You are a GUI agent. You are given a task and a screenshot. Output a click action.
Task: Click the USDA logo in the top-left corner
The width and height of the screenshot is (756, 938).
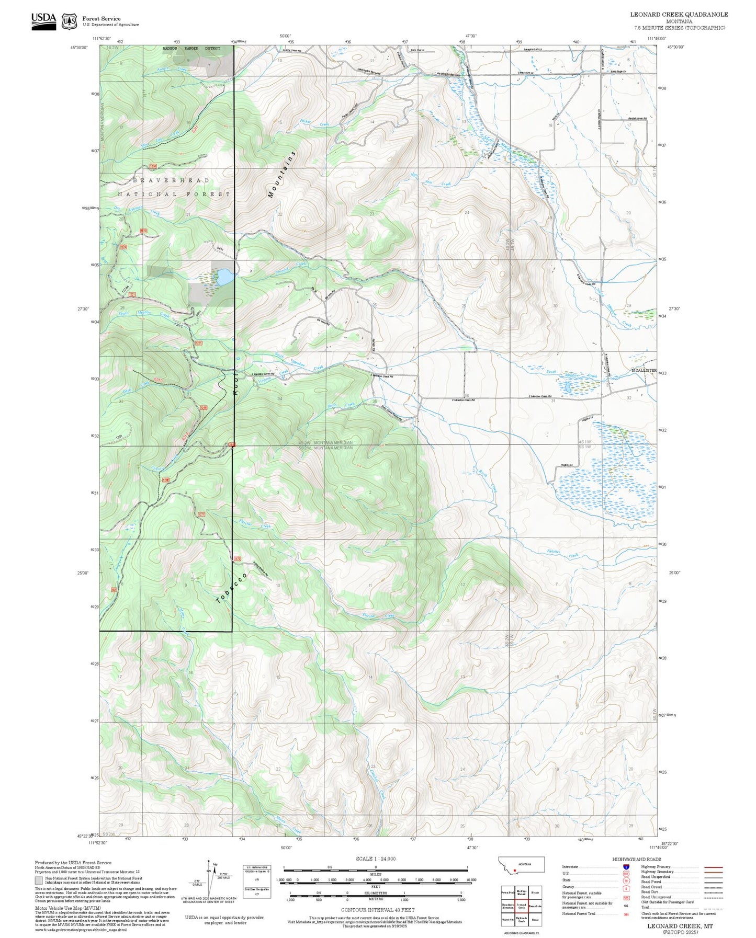(x=43, y=21)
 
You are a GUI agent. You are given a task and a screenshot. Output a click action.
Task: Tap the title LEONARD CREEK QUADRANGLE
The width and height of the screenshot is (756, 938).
(x=679, y=15)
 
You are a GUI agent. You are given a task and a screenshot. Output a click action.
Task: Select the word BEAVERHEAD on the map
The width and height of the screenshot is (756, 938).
(x=171, y=180)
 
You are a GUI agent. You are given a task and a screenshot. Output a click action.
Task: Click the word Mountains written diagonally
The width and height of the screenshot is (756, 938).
(x=281, y=175)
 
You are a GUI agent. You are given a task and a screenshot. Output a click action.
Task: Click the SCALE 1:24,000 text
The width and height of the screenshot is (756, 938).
(x=375, y=859)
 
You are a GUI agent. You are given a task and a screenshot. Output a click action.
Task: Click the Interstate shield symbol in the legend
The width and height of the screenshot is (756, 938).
(x=626, y=867)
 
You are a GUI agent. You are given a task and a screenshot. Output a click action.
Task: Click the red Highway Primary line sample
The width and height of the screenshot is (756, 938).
(x=713, y=867)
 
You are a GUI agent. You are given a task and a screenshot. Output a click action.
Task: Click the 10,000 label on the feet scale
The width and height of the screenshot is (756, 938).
(x=471, y=880)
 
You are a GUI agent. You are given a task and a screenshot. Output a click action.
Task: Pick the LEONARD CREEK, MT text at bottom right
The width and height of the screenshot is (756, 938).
(x=680, y=925)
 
